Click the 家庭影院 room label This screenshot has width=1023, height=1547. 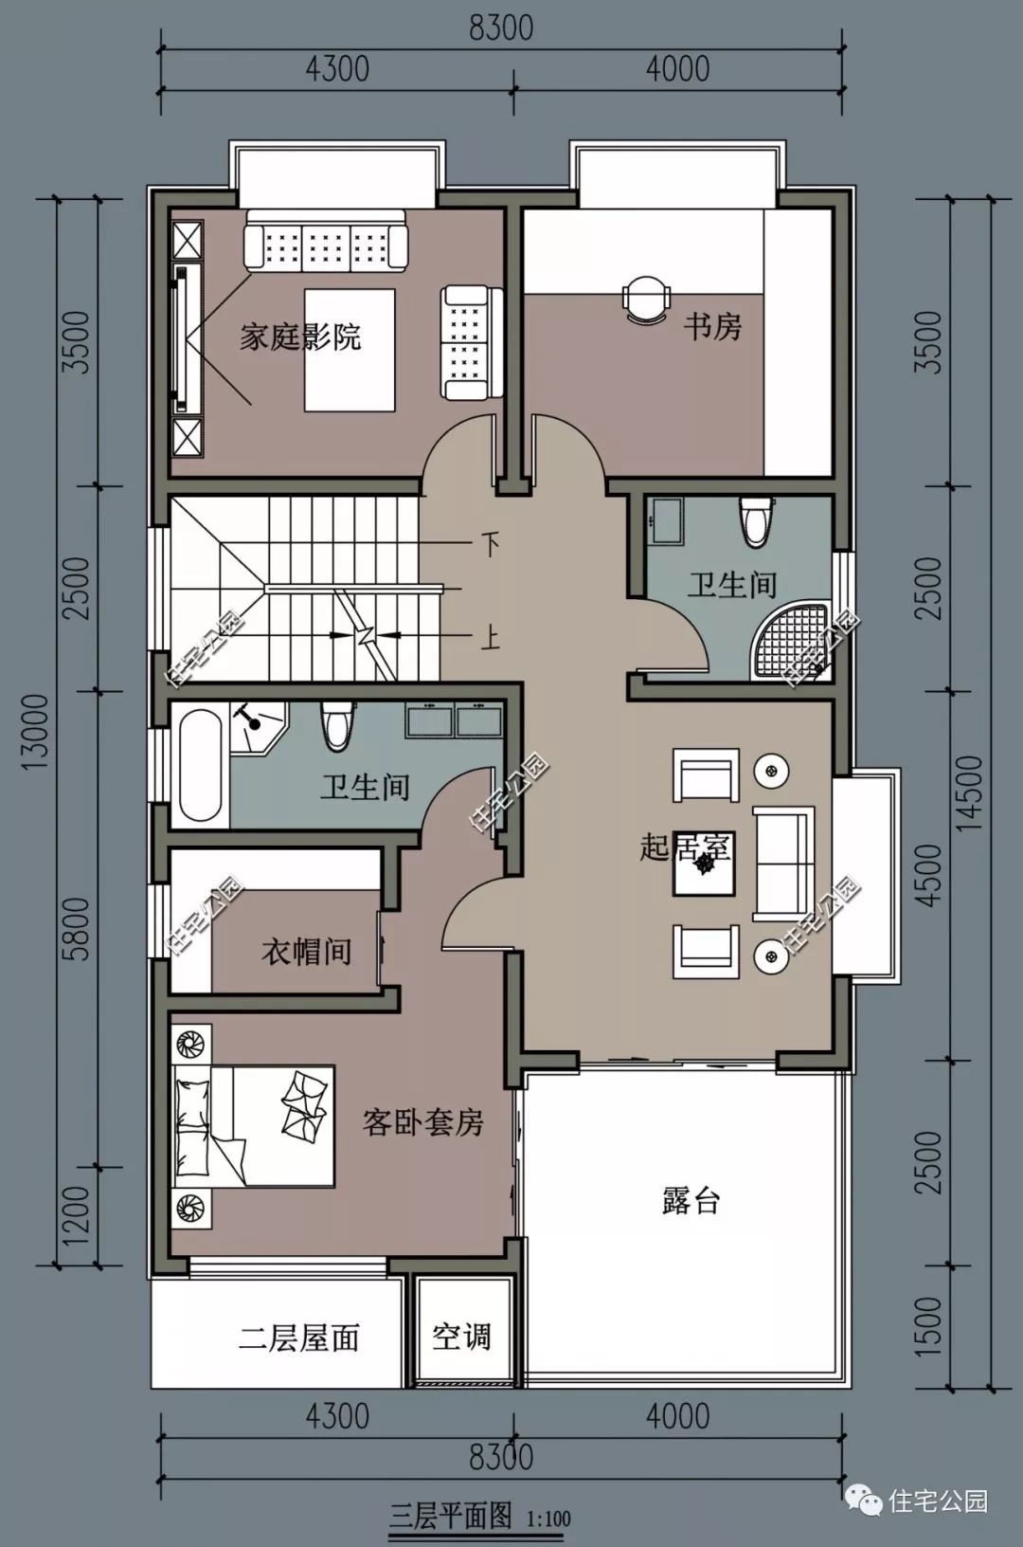[300, 337]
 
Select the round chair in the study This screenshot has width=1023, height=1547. [646, 299]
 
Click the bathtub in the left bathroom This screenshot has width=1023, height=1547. [201, 765]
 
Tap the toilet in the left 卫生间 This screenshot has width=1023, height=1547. [337, 726]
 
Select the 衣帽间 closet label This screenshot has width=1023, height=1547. [307, 951]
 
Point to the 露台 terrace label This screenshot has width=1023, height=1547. [691, 1201]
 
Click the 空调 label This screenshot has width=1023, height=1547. [461, 1338]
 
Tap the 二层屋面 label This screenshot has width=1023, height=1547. [299, 1338]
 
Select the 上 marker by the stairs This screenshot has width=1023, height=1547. [490, 637]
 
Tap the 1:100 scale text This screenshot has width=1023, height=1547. [549, 1519]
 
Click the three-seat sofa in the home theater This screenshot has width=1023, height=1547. [325, 241]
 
